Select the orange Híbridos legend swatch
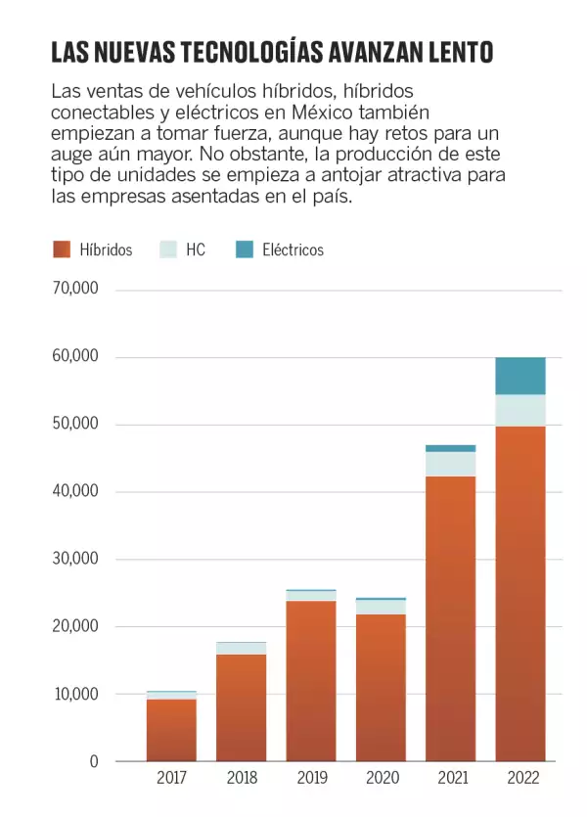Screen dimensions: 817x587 point(62,250)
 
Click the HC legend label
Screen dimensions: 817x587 point(196,250)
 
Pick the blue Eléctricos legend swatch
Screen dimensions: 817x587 point(245,250)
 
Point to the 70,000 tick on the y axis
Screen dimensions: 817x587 point(75,290)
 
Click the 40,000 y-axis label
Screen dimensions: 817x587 point(75,491)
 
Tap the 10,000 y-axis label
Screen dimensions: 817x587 point(75,694)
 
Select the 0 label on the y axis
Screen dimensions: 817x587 point(94,761)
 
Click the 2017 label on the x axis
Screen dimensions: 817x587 point(171,780)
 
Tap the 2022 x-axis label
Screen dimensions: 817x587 point(520,780)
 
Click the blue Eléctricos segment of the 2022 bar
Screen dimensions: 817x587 point(520,376)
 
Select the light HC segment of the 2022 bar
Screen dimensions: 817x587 point(520,410)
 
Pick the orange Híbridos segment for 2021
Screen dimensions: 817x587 point(450,616)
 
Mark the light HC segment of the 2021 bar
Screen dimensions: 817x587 point(450,464)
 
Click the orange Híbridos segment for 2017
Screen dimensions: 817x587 point(171,730)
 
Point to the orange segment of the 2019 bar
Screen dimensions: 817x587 point(311,680)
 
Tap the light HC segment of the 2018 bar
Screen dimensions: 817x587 point(241,648)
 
